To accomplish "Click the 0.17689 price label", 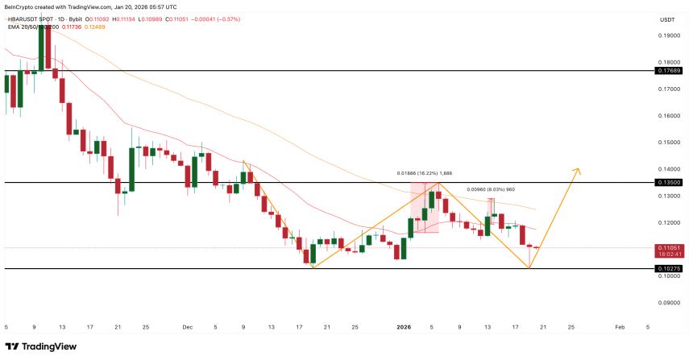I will click(x=669, y=71).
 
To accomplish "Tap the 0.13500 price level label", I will click(x=669, y=183).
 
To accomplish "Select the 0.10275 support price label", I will click(x=669, y=268).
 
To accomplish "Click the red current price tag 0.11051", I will click(x=669, y=248).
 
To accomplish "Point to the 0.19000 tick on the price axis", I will click(x=669, y=35).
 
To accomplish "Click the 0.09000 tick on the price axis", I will click(x=669, y=303).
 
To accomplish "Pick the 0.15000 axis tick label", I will click(x=669, y=143).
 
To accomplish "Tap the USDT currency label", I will click(x=667, y=19).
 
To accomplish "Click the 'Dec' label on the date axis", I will click(x=187, y=328).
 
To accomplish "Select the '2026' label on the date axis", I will click(x=405, y=328).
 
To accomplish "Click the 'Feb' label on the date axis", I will click(x=620, y=328).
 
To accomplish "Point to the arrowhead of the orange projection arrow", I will click(x=577, y=170).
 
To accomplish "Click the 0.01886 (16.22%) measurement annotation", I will click(x=425, y=173).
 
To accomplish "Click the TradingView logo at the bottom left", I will click(x=50, y=346).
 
